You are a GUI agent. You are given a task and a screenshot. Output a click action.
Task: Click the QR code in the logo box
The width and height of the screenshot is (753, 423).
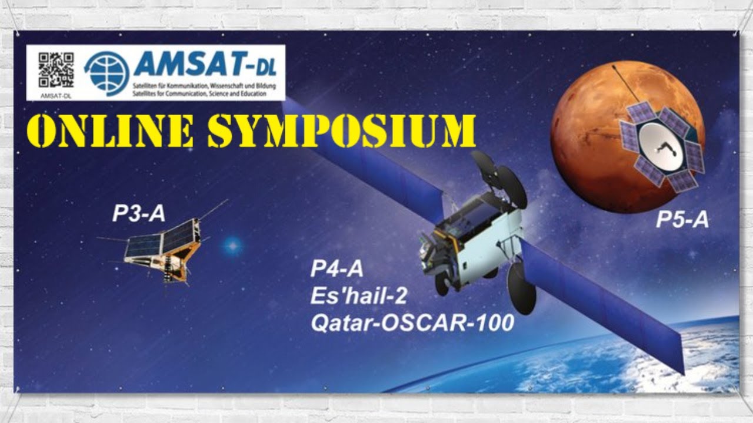56,70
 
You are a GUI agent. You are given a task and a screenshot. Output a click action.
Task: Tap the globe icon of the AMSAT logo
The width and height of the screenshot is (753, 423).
107,73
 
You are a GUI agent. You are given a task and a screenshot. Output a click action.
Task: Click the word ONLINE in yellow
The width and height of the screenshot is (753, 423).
111,130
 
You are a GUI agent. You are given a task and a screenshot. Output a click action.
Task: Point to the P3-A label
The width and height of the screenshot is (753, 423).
138,213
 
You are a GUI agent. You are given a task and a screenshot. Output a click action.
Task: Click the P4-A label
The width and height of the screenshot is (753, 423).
337,269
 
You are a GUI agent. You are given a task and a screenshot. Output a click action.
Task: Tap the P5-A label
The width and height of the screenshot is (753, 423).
682,220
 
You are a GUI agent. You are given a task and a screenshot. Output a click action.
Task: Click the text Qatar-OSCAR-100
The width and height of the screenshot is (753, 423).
412,323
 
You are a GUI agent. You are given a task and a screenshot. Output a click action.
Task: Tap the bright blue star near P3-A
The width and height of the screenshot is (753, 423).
233,246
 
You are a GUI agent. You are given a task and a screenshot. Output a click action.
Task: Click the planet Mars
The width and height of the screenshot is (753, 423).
627,137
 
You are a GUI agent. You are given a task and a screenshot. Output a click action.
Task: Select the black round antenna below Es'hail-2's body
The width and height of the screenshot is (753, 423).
522,288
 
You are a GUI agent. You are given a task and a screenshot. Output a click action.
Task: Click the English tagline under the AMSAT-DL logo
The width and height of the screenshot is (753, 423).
199,93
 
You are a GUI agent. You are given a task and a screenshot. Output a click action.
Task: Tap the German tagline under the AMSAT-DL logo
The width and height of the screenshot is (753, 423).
204,86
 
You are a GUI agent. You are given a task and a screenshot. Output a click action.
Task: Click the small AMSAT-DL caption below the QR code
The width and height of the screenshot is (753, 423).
56,96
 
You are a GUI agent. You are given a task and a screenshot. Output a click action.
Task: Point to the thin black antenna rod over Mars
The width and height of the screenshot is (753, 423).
626,83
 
